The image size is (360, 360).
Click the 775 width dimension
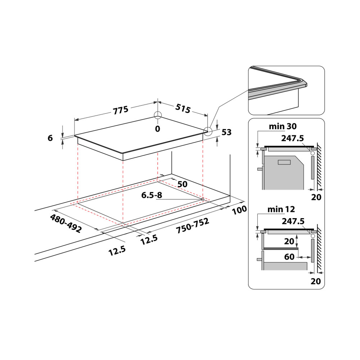[121, 110]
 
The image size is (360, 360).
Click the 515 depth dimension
[183, 109]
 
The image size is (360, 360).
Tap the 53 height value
[226, 132]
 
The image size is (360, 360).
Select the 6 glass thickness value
[50, 138]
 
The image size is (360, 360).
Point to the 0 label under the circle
[157, 129]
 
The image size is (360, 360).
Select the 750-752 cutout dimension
[192, 227]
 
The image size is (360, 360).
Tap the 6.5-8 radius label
[152, 195]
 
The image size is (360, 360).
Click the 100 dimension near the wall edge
[239, 210]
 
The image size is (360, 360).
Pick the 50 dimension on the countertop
[183, 184]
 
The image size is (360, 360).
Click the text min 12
[281, 209]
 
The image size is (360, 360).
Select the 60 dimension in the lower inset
[289, 257]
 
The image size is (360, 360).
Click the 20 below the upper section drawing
[316, 197]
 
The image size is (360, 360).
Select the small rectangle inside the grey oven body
[284, 162]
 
